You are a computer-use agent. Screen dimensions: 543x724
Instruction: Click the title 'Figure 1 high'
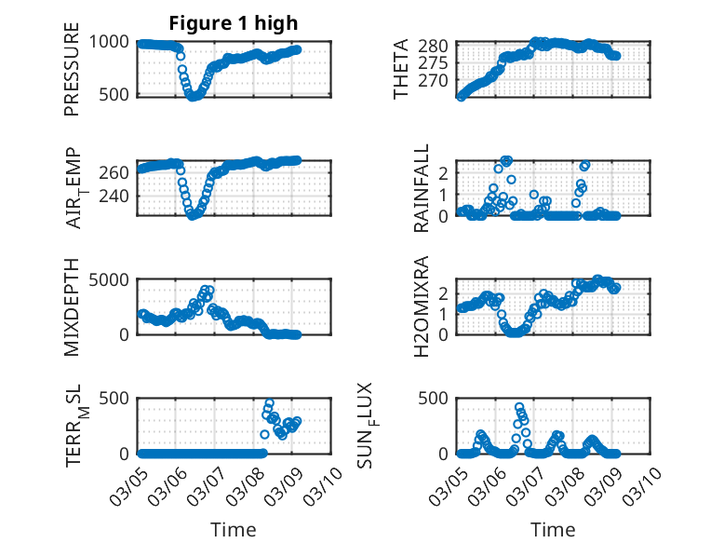(234, 23)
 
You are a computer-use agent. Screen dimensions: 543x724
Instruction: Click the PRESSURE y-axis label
(72, 75)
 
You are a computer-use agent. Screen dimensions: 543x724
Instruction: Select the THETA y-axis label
(401, 69)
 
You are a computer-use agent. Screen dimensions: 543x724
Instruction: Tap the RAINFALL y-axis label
(422, 188)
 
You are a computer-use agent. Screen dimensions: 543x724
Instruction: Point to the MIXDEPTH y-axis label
(72, 306)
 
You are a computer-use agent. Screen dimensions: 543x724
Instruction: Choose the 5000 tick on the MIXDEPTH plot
(114, 279)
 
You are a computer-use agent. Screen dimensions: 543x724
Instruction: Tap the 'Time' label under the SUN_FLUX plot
(553, 529)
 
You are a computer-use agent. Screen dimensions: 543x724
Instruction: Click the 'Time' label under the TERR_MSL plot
(234, 529)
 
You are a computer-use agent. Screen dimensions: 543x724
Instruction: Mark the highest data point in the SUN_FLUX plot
(519, 407)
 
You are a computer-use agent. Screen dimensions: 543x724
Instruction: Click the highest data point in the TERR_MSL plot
(270, 404)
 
